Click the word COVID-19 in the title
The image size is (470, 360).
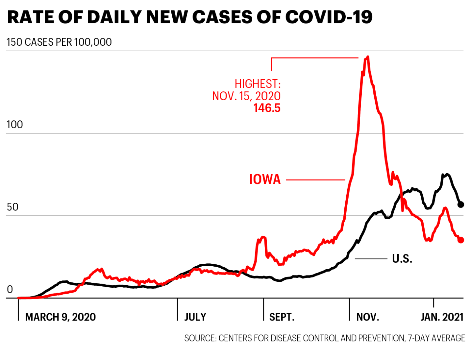click(x=329, y=17)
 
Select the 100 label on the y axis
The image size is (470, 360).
click(x=15, y=125)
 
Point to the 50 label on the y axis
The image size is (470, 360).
click(x=12, y=207)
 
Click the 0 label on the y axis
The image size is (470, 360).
click(x=10, y=290)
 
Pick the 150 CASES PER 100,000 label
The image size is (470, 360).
click(x=59, y=42)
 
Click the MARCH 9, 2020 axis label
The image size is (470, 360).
click(x=60, y=317)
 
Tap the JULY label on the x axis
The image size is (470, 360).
click(x=195, y=317)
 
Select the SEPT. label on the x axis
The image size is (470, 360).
click(x=282, y=317)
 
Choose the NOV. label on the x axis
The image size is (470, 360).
click(x=368, y=317)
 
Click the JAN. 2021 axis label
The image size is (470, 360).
click(x=442, y=317)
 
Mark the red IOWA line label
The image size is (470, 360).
click(x=265, y=180)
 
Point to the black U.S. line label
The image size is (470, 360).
click(x=402, y=259)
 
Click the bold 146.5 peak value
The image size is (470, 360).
click(x=267, y=108)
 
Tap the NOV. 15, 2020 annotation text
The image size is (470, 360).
click(x=246, y=96)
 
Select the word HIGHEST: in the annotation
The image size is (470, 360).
click(x=258, y=84)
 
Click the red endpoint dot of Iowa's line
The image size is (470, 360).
click(x=461, y=240)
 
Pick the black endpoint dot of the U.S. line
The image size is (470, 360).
click(x=461, y=205)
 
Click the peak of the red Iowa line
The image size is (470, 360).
click(x=368, y=57)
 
